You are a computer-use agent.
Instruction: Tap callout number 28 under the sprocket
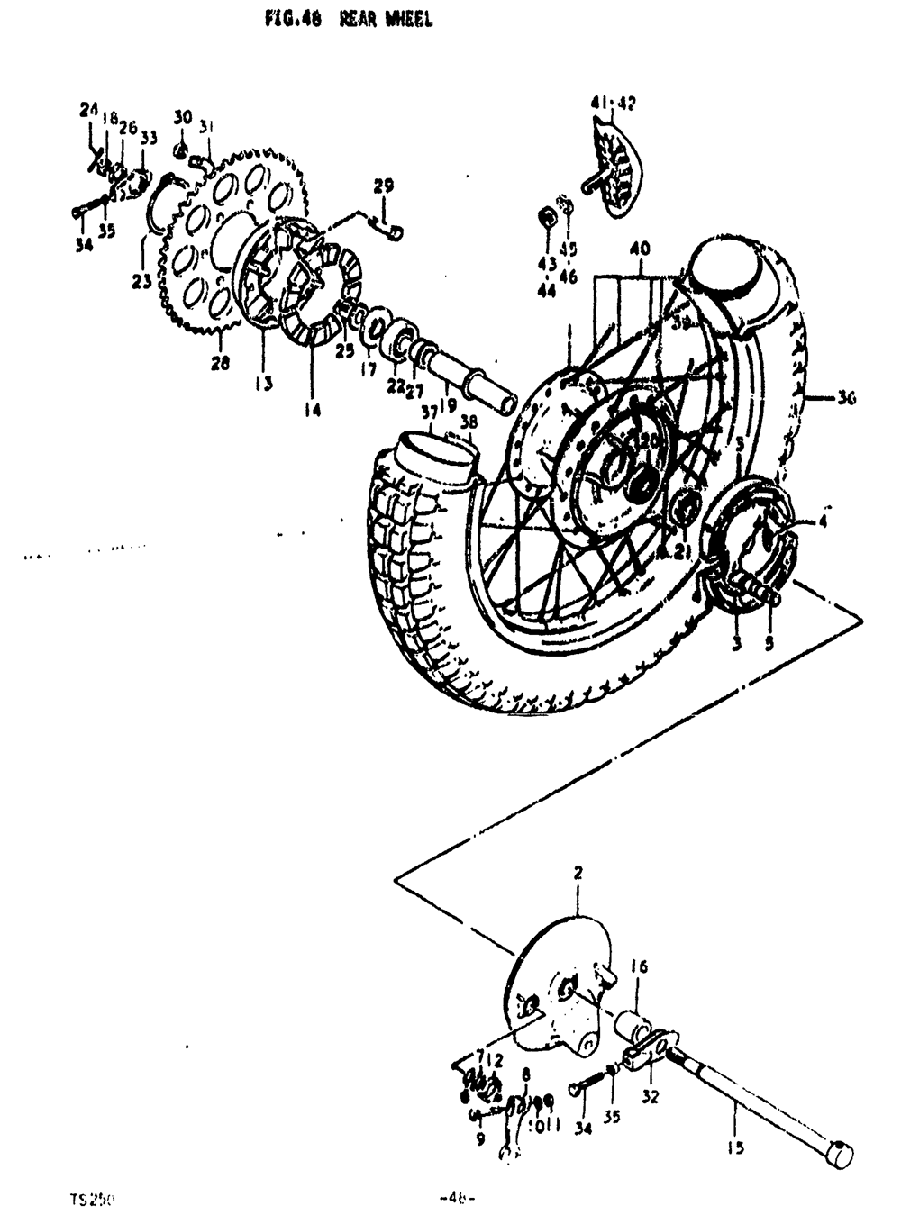(221, 363)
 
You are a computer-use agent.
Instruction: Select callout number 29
(384, 187)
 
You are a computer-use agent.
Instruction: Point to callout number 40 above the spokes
(640, 249)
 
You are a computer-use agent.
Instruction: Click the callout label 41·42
(613, 104)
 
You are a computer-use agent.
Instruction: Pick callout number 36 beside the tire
(845, 398)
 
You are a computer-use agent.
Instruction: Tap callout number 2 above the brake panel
(578, 873)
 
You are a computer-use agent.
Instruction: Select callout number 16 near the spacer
(639, 967)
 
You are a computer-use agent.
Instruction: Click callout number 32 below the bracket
(651, 1097)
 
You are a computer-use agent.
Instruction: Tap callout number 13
(262, 384)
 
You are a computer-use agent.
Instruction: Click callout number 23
(141, 281)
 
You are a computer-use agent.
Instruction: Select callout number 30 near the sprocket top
(183, 118)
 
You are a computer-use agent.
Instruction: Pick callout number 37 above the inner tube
(429, 411)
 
